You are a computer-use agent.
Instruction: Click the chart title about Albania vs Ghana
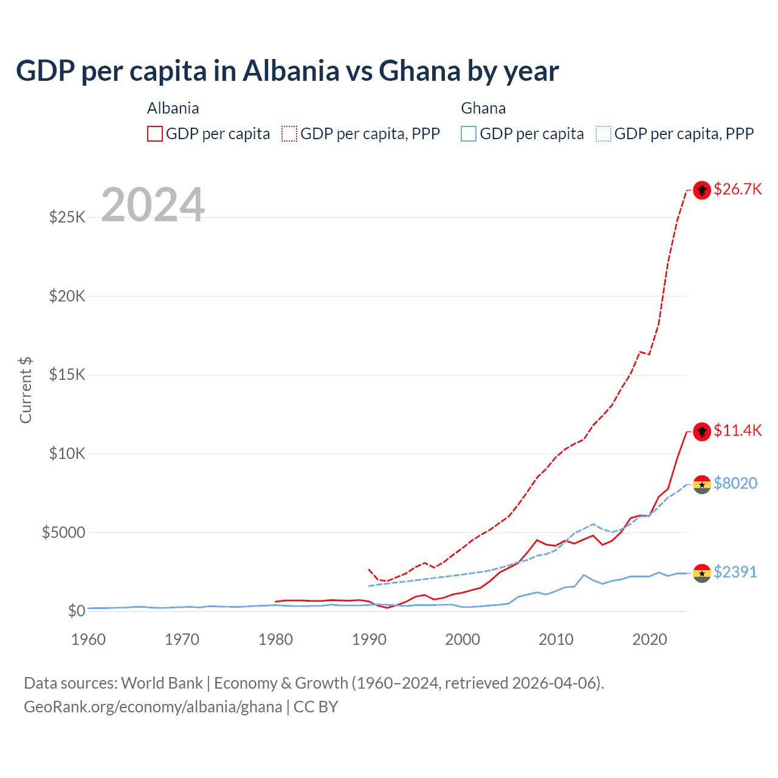click(287, 71)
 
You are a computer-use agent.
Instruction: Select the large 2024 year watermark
click(153, 205)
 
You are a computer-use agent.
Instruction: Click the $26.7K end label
click(737, 190)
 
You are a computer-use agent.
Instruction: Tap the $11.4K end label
click(737, 431)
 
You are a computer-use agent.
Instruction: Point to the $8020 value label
click(735, 484)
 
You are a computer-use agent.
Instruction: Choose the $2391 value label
click(735, 573)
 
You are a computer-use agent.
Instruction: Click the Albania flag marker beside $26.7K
click(702, 190)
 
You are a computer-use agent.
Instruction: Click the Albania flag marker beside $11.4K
click(702, 432)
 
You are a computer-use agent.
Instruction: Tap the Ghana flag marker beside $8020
click(702, 484)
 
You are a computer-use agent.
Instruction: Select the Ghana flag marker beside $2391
click(702, 573)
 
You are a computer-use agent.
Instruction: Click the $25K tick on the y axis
click(67, 217)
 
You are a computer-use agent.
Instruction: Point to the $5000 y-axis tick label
click(63, 533)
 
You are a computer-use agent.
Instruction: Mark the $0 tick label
click(76, 611)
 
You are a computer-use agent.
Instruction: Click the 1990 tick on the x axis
click(369, 640)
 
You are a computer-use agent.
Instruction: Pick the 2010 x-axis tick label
click(556, 640)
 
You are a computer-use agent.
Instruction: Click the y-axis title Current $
click(26, 390)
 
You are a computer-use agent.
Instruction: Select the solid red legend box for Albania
click(155, 134)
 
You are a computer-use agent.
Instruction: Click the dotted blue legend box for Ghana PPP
click(604, 134)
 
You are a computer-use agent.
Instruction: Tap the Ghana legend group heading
click(483, 108)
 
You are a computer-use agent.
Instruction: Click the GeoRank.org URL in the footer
click(153, 707)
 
